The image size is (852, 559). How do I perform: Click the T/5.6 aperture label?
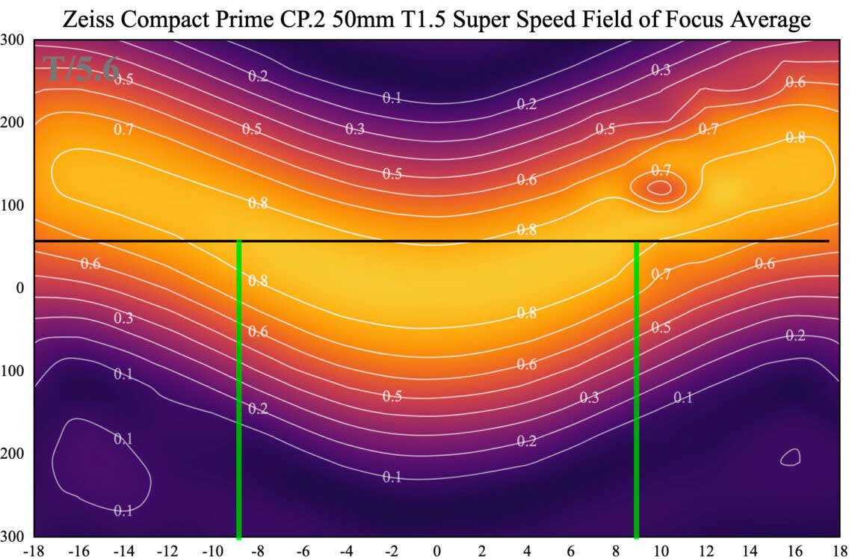[x=81, y=69]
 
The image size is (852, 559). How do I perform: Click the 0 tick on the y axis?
[x=20, y=288]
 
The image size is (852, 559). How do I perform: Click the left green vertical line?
[x=238, y=389]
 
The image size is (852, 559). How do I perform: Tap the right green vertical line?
[x=636, y=389]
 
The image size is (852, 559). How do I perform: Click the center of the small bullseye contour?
[x=658, y=188]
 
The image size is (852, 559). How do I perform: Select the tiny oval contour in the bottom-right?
[x=791, y=457]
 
